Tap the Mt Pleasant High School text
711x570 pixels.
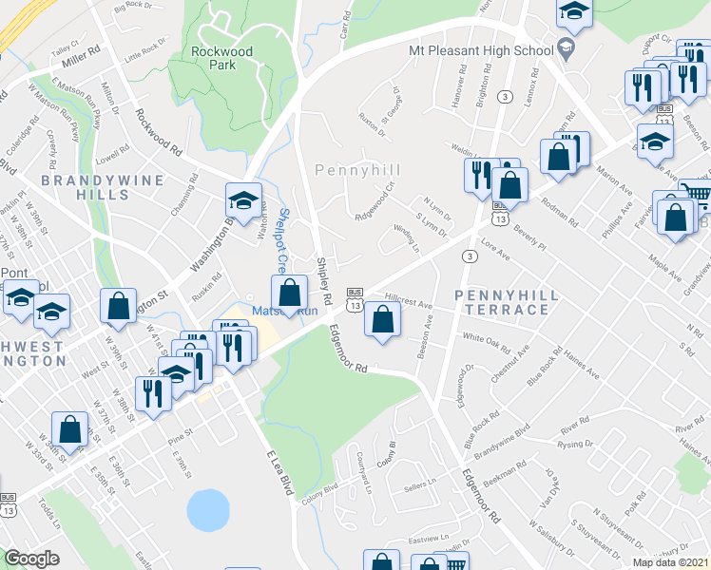tap(480, 49)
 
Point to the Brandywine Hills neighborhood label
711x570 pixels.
tap(84, 186)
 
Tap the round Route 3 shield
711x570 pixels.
tap(469, 256)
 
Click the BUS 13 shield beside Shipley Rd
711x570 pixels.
tap(354, 299)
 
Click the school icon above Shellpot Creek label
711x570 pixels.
tap(242, 199)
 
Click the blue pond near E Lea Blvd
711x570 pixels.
tap(208, 511)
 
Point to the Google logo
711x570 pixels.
tap(31, 559)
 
